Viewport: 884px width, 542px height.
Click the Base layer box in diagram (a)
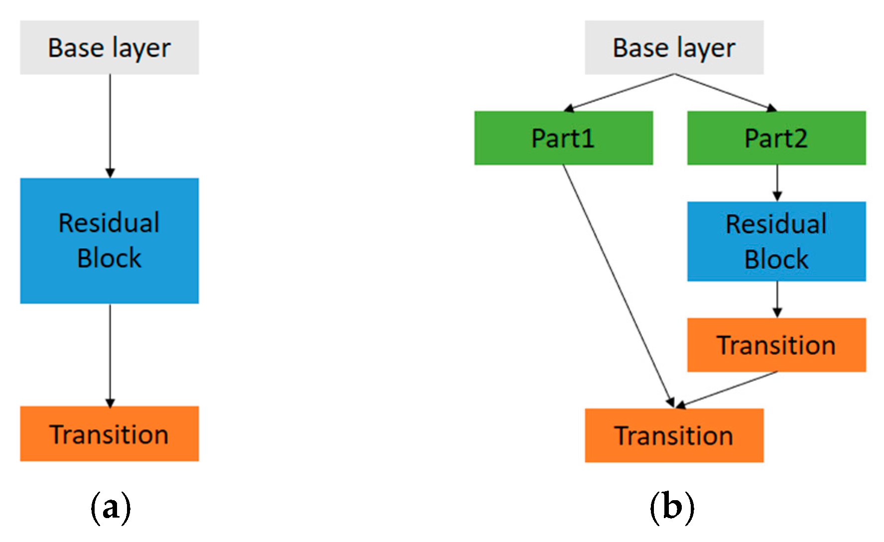point(109,48)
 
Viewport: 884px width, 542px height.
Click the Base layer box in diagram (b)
point(674,48)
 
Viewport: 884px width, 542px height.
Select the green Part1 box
point(563,138)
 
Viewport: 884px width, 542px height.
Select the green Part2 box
point(776,138)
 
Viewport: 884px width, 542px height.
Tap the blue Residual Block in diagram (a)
point(109,241)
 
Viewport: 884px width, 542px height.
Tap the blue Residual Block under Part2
point(776,242)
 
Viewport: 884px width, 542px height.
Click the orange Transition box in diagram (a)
point(109,434)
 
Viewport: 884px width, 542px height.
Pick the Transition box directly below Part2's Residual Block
point(776,345)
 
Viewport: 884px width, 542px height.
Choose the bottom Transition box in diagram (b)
point(674,435)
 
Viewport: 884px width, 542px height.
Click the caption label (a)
point(111,507)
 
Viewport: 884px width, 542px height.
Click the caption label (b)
point(672,507)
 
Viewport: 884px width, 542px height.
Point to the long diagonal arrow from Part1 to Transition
point(618,284)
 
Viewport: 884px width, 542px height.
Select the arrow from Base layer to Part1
point(620,92)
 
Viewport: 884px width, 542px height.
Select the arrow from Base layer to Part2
point(725,92)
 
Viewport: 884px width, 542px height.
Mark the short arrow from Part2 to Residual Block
point(777,182)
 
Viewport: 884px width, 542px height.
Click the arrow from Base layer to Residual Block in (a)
point(110,125)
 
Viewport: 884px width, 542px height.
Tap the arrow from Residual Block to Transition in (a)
point(110,354)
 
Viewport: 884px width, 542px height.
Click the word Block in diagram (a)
point(109,258)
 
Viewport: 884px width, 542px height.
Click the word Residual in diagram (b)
point(776,224)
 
